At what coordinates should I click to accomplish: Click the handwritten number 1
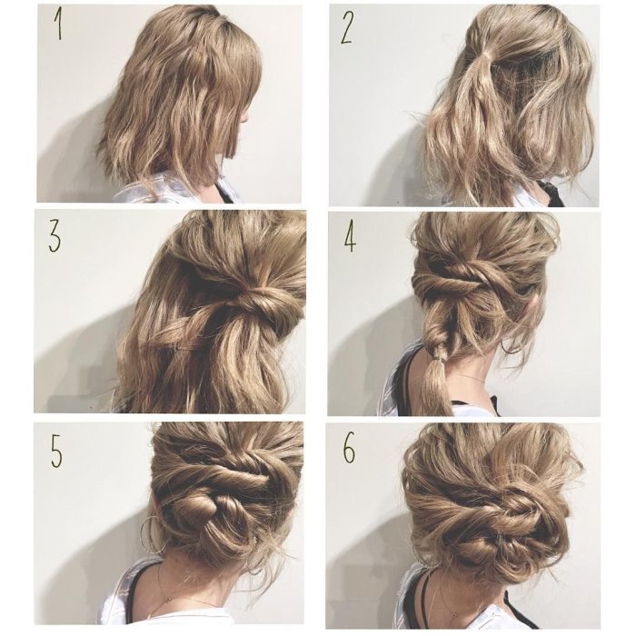click(x=59, y=25)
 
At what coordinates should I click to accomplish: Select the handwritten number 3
click(x=55, y=238)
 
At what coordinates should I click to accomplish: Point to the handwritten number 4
click(x=350, y=238)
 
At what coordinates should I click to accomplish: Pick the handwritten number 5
click(x=56, y=452)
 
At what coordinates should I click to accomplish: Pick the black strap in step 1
click(x=225, y=192)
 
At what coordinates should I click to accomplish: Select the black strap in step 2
click(x=553, y=194)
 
